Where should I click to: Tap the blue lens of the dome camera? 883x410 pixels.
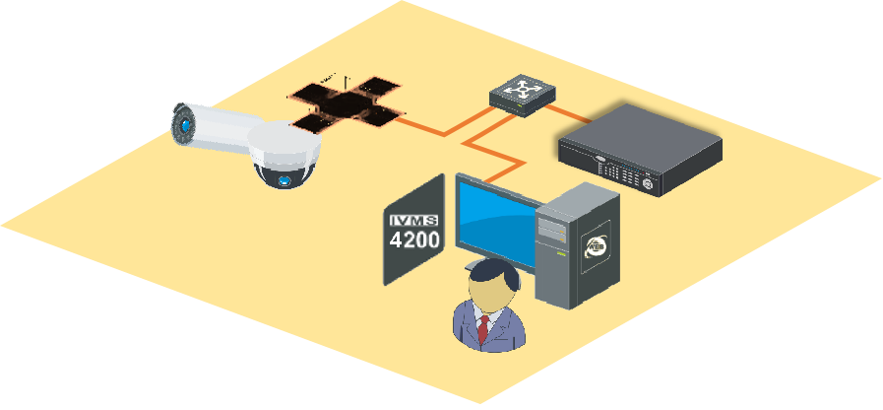pos(284,180)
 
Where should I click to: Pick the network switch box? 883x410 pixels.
pos(524,95)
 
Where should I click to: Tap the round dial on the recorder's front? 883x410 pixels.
pos(647,184)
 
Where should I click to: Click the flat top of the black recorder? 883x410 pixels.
pos(640,131)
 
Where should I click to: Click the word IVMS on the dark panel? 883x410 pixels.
pos(413,221)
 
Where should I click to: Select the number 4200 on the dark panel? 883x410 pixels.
pos(414,239)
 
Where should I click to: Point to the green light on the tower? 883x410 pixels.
pos(560,254)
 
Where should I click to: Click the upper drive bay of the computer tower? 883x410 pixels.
pos(551,224)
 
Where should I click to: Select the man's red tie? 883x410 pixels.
pos(483,329)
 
